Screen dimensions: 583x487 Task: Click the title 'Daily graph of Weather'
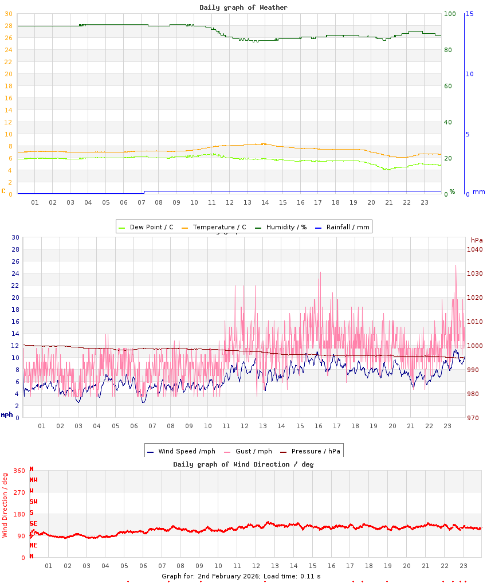click(x=244, y=7)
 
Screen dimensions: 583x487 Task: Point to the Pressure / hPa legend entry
click(x=315, y=451)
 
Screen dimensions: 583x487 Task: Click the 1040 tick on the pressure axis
click(x=474, y=249)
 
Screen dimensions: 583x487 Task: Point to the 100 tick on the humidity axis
click(x=450, y=14)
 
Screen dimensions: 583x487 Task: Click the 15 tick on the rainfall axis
click(x=469, y=14)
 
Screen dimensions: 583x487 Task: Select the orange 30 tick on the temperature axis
click(x=8, y=14)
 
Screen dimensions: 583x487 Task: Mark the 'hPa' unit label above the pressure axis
click(x=477, y=240)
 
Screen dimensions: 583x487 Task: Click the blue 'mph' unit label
click(x=6, y=414)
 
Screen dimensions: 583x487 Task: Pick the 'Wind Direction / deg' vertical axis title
click(x=5, y=504)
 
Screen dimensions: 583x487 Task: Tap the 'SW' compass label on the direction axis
click(x=33, y=502)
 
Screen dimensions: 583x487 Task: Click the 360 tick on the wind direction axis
click(x=19, y=471)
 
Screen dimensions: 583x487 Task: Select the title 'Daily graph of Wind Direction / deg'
click(x=244, y=464)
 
